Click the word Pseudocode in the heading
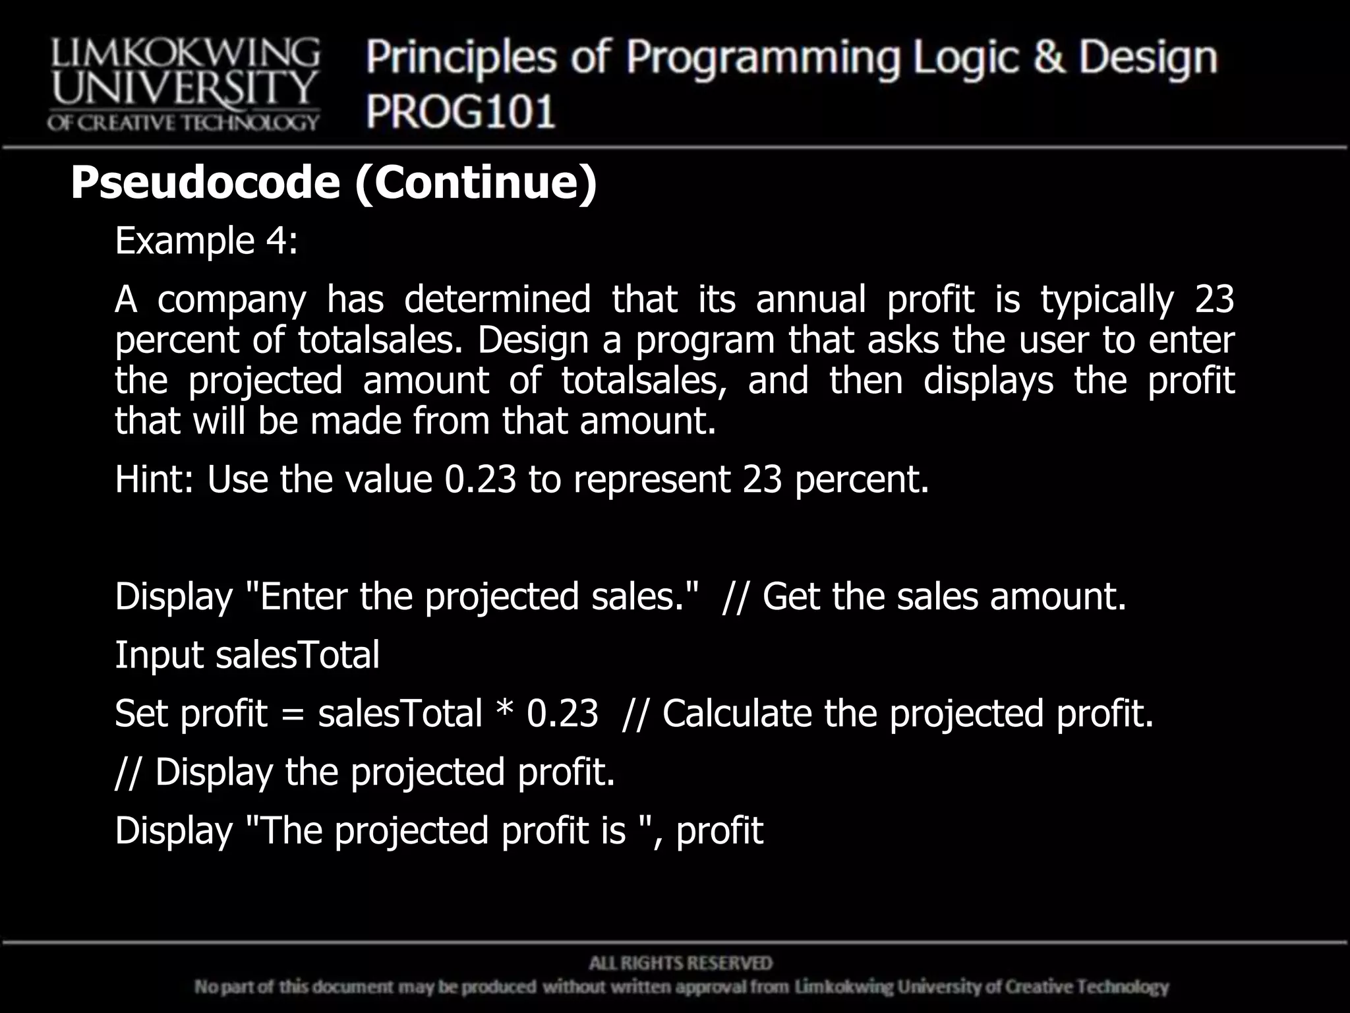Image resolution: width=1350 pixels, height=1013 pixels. point(205,183)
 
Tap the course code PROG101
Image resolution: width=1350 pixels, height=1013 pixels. point(461,111)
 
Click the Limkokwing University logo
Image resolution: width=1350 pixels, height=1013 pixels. point(183,84)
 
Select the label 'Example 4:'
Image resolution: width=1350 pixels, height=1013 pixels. point(206,241)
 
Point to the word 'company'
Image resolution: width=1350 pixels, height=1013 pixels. point(231,300)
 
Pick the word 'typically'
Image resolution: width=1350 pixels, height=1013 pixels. point(1107,300)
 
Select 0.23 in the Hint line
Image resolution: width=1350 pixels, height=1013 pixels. point(481,479)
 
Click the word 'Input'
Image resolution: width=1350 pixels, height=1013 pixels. point(158,656)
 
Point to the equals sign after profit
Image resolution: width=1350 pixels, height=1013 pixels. point(292,715)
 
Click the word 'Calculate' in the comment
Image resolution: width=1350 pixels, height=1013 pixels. point(736,714)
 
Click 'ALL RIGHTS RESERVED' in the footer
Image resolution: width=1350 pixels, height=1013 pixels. point(680,964)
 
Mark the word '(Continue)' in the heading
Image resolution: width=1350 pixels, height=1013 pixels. point(475,183)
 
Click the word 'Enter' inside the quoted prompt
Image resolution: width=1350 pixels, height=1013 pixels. point(303,597)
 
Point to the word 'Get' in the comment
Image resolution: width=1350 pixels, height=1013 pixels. point(790,597)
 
